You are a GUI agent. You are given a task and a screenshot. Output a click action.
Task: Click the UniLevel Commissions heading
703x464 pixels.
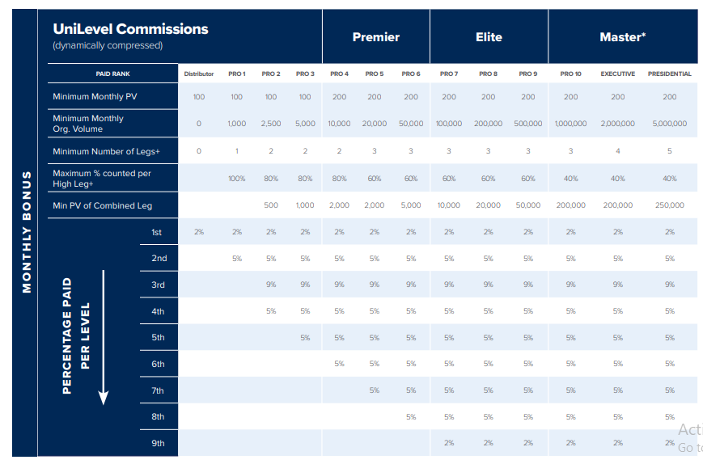130,29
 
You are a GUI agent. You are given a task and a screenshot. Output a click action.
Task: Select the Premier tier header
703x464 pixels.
375,37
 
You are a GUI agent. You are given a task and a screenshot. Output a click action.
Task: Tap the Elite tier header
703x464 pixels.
489,37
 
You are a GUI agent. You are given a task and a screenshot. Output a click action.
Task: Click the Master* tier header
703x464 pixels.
622,37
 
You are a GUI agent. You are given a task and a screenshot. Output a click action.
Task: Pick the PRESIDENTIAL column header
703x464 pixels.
669,74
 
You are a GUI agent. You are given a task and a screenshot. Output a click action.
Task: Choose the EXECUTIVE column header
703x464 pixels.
617,74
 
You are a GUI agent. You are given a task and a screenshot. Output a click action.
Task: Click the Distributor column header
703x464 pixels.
199,74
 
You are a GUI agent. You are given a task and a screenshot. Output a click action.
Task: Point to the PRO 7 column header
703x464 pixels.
449,74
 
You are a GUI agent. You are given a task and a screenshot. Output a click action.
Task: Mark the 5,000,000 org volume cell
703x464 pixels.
669,124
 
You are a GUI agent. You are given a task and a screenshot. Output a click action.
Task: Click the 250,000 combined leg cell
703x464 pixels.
669,205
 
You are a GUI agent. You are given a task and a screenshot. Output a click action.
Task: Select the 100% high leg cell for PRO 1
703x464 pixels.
236,179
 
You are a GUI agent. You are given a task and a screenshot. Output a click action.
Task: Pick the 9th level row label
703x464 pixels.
158,443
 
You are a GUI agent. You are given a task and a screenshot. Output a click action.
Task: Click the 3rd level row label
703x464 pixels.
158,285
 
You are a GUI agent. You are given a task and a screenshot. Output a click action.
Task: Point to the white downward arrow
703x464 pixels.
104,340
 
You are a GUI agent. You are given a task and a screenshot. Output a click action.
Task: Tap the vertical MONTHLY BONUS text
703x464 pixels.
27,231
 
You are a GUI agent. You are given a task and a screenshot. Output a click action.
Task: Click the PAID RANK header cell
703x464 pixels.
112,74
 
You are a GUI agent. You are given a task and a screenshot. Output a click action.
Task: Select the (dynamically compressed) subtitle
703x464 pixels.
108,46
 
